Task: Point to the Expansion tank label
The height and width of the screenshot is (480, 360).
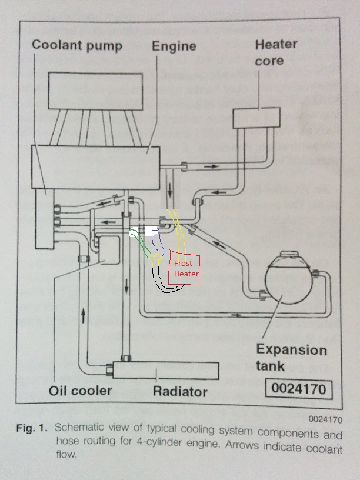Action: click(x=291, y=357)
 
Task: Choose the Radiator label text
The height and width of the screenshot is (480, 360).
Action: click(x=180, y=391)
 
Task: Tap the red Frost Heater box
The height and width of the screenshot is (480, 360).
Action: click(x=185, y=269)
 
